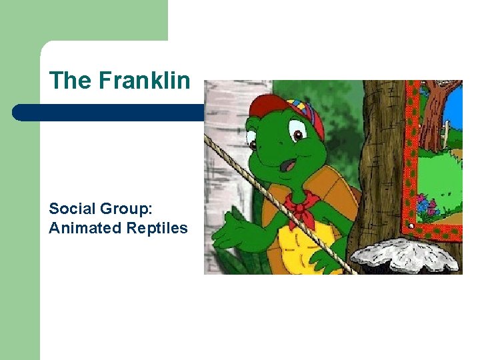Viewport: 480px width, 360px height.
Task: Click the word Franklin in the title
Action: (x=144, y=81)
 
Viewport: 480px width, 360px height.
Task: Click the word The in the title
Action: (x=70, y=81)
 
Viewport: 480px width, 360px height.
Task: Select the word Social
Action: (x=69, y=208)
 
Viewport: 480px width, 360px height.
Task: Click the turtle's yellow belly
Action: (x=300, y=247)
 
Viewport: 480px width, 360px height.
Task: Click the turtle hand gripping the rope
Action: (x=329, y=257)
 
